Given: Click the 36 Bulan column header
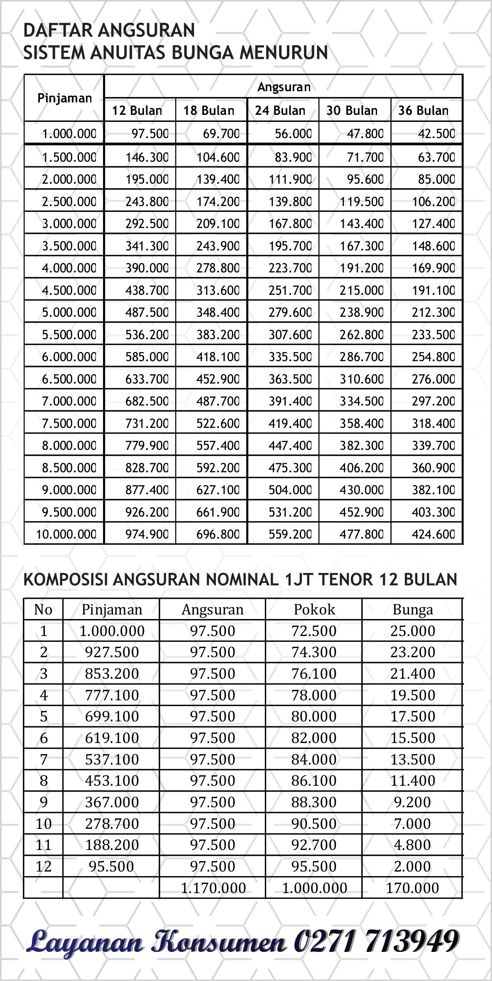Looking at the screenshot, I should click(423, 111).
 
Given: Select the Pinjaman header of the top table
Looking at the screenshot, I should click(64, 98).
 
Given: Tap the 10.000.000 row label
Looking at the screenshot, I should click(66, 534).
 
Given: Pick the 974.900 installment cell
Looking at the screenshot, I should click(147, 534).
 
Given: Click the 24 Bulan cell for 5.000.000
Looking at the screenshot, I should click(290, 312).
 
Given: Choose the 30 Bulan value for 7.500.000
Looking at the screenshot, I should click(362, 423).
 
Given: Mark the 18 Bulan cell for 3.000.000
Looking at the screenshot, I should click(218, 224).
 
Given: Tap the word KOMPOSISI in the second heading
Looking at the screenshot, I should click(66, 579).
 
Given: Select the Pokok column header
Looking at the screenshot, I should click(314, 609).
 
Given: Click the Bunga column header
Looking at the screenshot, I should click(413, 609).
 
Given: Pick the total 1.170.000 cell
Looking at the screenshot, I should click(213, 888).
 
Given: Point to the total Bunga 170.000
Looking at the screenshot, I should click(412, 888).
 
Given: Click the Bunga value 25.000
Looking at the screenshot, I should click(412, 631).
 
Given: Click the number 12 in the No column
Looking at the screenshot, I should click(43, 867).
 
